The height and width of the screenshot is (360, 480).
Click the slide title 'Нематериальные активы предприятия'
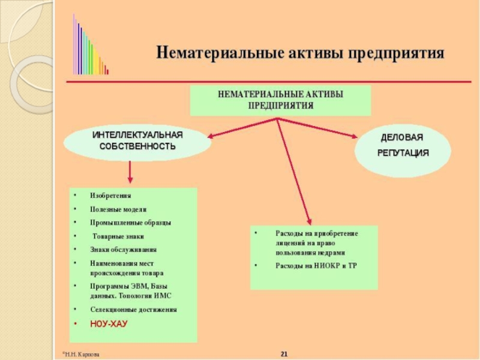pos(300,53)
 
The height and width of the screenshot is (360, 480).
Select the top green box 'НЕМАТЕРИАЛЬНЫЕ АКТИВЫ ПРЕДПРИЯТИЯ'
pos(280,100)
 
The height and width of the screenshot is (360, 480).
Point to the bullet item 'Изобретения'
pos(110,196)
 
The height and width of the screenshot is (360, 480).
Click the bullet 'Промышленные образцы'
pos(130,223)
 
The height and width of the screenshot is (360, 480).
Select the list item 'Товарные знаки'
pos(118,236)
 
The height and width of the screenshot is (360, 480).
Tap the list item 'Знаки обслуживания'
pos(123,249)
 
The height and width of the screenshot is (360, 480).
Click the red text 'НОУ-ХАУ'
pos(109,323)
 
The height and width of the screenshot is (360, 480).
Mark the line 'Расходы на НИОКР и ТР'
pos(316,265)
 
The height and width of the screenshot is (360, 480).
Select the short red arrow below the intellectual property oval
pos(130,174)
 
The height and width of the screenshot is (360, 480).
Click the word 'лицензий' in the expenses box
pos(290,242)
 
